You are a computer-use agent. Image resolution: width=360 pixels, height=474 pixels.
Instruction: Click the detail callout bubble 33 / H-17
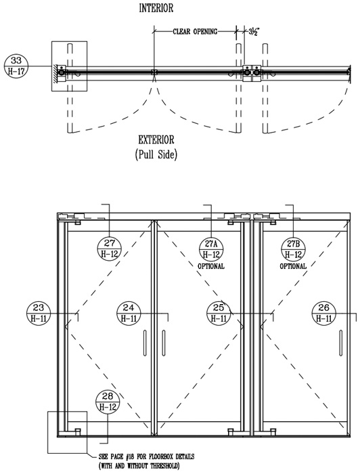[x=16, y=66]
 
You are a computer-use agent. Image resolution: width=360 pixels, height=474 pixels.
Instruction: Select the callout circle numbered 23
[x=39, y=313]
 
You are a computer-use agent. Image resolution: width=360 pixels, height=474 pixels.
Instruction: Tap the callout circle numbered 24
[x=129, y=313]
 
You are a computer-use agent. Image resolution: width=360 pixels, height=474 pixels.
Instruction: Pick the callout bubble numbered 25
[x=219, y=313]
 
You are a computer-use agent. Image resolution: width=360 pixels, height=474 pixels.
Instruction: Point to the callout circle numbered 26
[x=323, y=313]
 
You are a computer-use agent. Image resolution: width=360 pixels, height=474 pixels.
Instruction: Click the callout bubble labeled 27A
[x=211, y=249]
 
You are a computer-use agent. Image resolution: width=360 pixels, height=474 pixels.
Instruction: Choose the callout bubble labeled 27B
[x=293, y=249]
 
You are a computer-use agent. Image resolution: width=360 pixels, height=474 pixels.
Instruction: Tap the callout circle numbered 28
[x=108, y=402]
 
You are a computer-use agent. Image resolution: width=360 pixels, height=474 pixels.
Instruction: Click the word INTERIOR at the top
[x=156, y=8]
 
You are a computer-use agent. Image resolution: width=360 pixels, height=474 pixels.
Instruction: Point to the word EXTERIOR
[x=156, y=140]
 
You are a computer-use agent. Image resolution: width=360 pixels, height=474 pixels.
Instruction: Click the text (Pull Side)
[x=156, y=154]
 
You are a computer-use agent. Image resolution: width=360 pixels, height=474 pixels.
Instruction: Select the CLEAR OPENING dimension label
[x=195, y=31]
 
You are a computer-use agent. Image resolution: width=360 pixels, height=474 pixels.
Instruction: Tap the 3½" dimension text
[x=254, y=32]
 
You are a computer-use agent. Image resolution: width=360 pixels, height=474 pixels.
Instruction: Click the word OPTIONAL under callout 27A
[x=211, y=266]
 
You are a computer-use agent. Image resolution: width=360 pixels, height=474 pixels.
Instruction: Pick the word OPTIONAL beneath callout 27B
[x=293, y=266]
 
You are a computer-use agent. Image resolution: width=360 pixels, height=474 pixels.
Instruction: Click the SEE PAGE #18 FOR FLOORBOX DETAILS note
[x=146, y=456]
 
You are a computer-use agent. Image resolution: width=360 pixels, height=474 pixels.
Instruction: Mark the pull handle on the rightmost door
[x=340, y=343]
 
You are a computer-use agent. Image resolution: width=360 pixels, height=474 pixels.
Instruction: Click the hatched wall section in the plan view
[x=55, y=72]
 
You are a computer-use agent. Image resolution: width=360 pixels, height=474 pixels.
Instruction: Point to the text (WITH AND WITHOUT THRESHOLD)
[x=139, y=466]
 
